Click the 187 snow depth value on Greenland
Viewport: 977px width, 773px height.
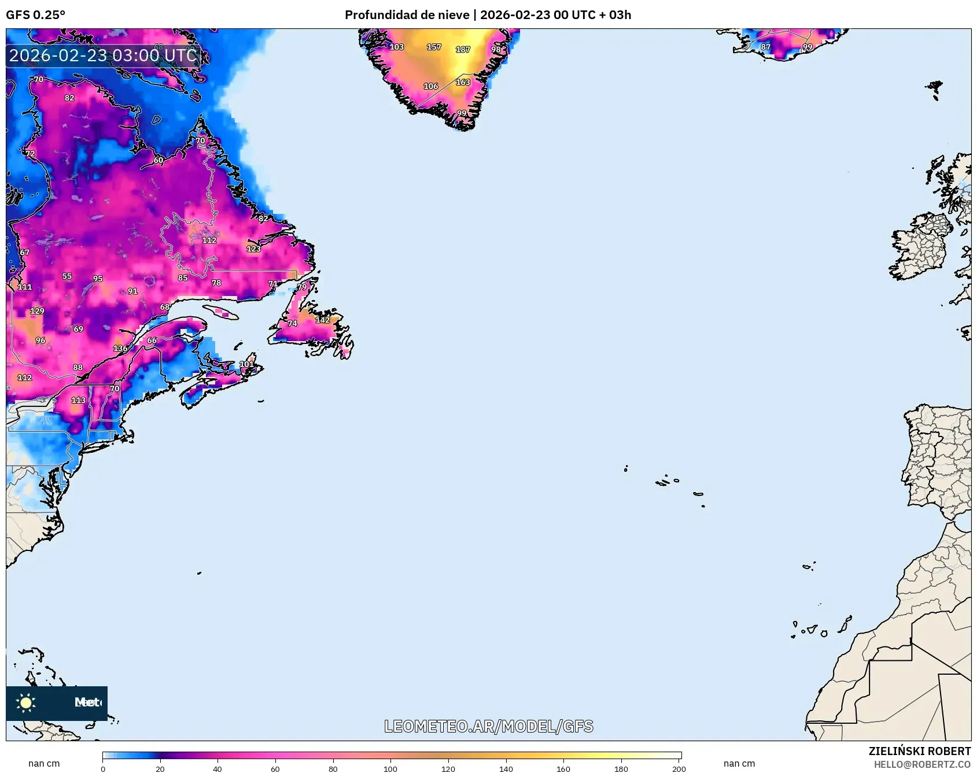point(463,50)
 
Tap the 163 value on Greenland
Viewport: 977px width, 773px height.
point(463,83)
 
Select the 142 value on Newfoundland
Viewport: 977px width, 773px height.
point(322,320)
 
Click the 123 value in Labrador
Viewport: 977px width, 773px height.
point(253,249)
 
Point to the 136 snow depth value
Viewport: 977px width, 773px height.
point(120,349)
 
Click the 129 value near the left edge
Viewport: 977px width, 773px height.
point(37,311)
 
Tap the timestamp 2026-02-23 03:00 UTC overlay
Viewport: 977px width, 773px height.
point(103,56)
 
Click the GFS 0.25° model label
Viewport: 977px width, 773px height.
point(35,15)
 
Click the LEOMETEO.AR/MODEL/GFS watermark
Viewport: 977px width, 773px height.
point(488,726)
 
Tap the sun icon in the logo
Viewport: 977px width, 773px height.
point(26,702)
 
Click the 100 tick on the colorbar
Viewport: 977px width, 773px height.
point(390,769)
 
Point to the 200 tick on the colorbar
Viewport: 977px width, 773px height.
point(679,769)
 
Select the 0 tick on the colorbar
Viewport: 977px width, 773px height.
point(103,769)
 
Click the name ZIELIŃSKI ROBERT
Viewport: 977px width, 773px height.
point(919,751)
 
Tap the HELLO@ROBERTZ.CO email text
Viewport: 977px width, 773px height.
point(921,764)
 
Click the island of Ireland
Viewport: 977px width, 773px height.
point(920,249)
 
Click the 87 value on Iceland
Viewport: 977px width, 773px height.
point(765,47)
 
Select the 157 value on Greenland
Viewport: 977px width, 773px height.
point(434,47)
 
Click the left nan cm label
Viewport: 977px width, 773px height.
point(44,763)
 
